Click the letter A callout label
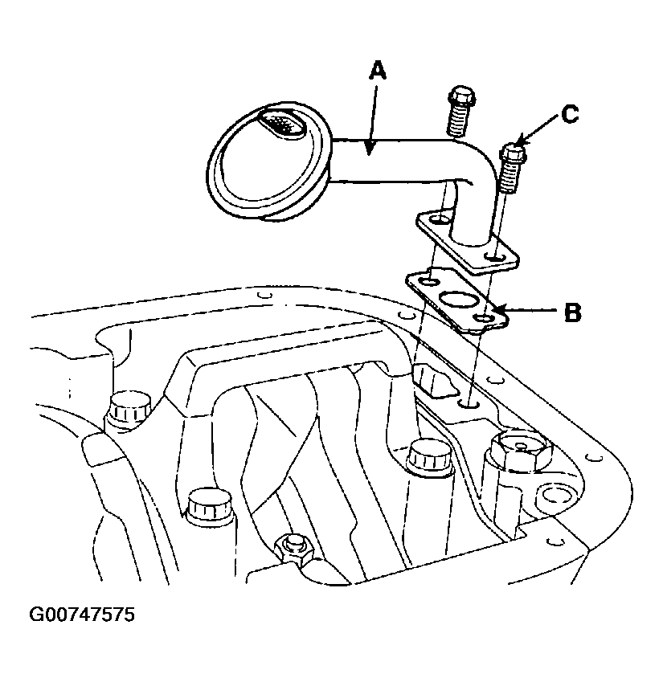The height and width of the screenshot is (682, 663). (377, 71)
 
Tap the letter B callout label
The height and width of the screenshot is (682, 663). (572, 312)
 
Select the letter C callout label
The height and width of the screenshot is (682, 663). (570, 115)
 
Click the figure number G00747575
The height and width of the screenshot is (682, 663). (82, 615)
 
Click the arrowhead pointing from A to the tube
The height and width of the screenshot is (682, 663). (370, 147)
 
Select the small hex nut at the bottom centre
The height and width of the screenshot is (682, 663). (294, 549)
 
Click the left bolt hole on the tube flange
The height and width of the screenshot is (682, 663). (440, 218)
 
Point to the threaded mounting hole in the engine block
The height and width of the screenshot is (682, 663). (469, 405)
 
